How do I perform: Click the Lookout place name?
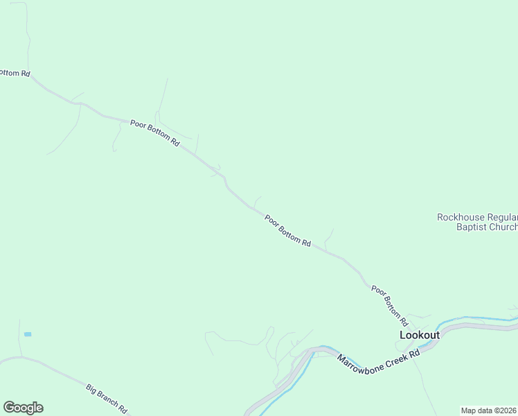(420, 335)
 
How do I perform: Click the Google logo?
(23, 408)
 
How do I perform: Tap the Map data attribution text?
(489, 410)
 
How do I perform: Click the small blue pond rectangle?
(28, 334)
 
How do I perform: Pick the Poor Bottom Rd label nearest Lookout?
(390, 306)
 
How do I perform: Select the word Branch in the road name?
(109, 399)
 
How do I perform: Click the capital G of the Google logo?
(10, 408)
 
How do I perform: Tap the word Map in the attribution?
(469, 410)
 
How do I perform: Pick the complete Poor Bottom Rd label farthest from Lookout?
(155, 132)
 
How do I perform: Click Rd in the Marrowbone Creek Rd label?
(415, 354)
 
